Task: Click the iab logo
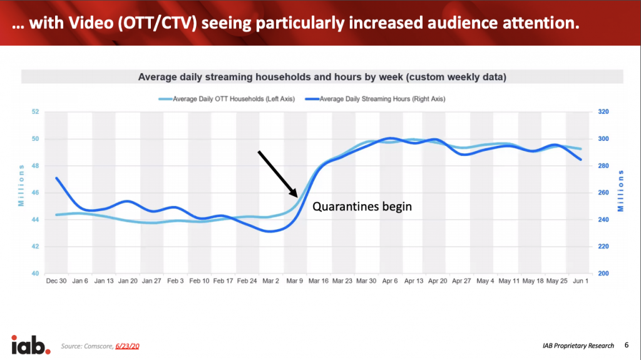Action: [x=31, y=344]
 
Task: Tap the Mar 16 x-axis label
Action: [x=318, y=282]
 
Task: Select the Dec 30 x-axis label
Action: [x=56, y=282]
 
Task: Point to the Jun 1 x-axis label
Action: [x=582, y=282]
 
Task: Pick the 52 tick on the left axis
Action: [x=35, y=112]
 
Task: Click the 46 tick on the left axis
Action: [x=35, y=193]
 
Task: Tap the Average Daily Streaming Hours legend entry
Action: [x=379, y=99]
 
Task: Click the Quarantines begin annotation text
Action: [x=362, y=206]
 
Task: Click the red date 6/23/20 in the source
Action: [x=125, y=346]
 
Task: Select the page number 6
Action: [x=627, y=344]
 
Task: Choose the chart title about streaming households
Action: [x=322, y=78]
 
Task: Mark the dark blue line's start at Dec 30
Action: [x=57, y=178]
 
